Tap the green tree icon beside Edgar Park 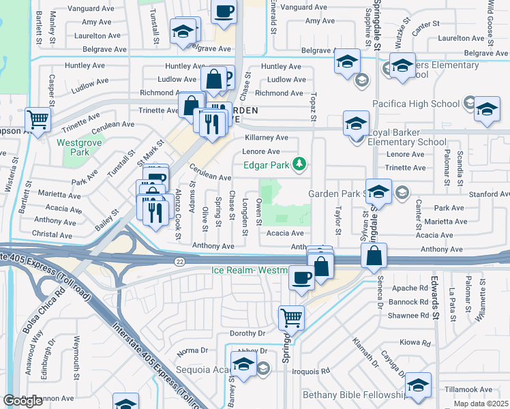click(299, 164)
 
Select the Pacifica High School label click(415, 104)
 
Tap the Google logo click(22, 400)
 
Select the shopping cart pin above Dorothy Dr click(291, 316)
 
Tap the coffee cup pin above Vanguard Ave click(224, 11)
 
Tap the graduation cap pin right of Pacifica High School click(487, 110)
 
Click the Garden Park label click(333, 194)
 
